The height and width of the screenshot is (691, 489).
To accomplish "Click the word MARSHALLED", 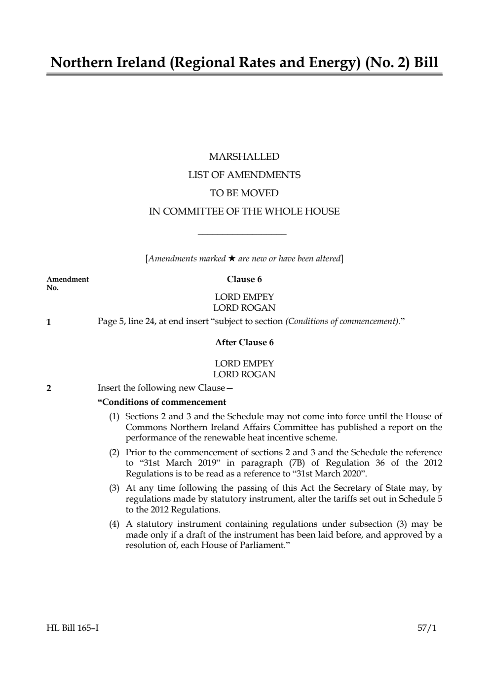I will coord(244,156).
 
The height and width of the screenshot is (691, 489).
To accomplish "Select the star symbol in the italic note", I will coord(231,258).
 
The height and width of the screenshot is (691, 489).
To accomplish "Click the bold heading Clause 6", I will coord(244,279).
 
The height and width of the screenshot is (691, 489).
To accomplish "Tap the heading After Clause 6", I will coord(244,342).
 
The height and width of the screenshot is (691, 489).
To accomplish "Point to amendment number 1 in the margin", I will coord(48,323).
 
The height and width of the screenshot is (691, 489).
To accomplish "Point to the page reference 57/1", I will coord(427,628).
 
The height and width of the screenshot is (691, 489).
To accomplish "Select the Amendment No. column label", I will coord(68,283).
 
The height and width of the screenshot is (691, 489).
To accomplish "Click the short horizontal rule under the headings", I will coord(242,234).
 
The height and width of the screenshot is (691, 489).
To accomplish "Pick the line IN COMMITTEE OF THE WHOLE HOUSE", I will coord(244,212).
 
